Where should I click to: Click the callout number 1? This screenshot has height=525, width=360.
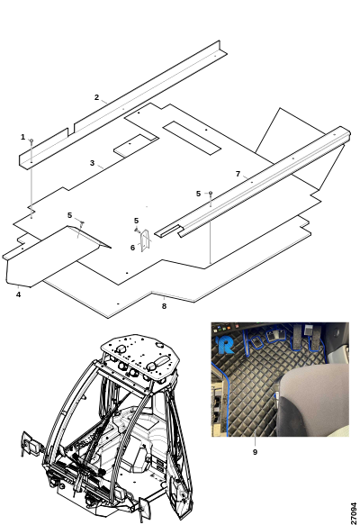coord(22,137)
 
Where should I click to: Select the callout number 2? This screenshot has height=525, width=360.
coord(96,97)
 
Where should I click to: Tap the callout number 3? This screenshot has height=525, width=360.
coord(92,163)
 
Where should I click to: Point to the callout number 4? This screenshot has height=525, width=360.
coord(18,294)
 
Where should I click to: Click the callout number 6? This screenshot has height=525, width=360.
coord(132,248)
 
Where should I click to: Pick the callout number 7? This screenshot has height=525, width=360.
coord(238,174)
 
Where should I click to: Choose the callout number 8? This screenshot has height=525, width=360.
coord(164,306)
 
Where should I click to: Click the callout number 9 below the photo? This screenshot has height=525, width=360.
coord(255,452)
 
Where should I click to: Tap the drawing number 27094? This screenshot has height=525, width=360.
coord(354,513)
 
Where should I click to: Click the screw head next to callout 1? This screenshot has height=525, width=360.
coord(31,141)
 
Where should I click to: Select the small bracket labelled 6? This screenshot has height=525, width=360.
coord(146,240)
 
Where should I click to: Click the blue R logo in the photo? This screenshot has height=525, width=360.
coord(225,345)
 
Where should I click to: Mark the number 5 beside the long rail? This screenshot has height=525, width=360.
coord(198,194)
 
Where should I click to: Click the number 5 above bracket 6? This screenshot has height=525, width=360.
coord(136,221)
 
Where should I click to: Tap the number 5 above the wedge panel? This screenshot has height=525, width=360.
coord(69,215)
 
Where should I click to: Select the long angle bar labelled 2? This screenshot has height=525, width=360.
coord(123,104)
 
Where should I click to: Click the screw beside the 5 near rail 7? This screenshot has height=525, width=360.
coord(211,195)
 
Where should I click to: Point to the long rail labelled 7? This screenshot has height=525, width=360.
coord(253,182)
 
